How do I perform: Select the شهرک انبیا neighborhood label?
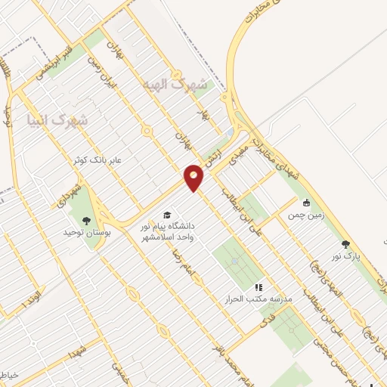[x=57, y=119]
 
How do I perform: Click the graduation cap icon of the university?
[x=167, y=215]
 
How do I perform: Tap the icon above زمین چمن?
[x=306, y=203]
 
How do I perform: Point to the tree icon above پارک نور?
[x=345, y=244]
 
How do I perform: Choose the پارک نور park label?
[x=347, y=256]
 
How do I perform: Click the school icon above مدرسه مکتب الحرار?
[x=258, y=287]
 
